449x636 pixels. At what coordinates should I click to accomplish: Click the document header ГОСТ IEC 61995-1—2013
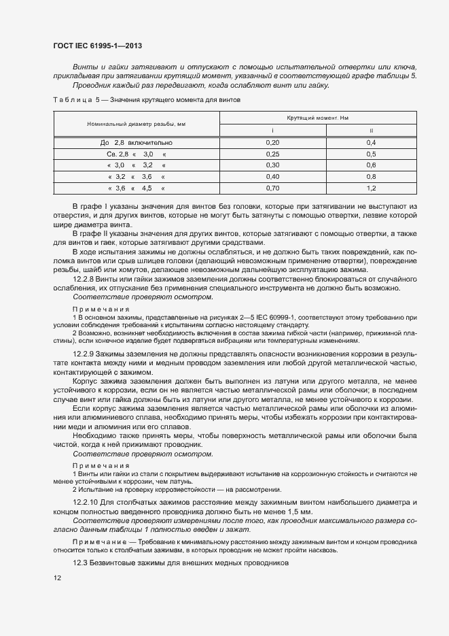click(97, 46)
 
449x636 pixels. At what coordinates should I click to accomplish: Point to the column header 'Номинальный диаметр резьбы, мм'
click(136, 124)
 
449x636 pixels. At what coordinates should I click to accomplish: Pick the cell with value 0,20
click(272, 143)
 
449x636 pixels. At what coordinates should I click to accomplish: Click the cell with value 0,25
click(272, 154)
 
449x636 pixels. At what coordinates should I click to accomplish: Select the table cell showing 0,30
click(272, 165)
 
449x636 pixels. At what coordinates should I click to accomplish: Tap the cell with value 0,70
click(272, 187)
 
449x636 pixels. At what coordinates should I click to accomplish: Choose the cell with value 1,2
click(371, 187)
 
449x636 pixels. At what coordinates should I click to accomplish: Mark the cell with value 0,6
click(371, 165)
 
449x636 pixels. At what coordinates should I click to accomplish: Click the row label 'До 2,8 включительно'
click(136, 143)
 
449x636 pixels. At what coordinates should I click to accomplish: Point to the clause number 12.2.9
click(85, 354)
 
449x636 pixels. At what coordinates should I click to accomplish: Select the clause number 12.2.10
click(87, 501)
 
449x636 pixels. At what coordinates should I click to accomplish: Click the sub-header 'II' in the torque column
click(371, 130)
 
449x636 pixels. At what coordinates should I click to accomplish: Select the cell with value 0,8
click(371, 176)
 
